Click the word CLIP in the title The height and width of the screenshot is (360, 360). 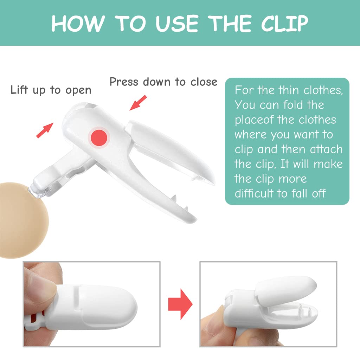[x=285, y=24]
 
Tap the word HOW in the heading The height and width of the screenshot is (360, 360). [x=78, y=24]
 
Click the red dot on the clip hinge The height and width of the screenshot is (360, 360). [x=99, y=137]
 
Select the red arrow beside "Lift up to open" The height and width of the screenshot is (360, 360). [x=45, y=130]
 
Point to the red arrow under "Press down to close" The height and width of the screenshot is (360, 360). [x=138, y=103]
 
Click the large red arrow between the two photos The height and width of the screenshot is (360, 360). [x=180, y=304]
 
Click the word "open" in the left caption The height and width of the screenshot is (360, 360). [x=78, y=91]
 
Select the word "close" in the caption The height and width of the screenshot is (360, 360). [x=204, y=82]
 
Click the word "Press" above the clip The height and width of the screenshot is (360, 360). [x=124, y=82]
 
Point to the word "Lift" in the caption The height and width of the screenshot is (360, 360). [x=19, y=90]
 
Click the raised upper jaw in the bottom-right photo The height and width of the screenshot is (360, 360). [x=286, y=290]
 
